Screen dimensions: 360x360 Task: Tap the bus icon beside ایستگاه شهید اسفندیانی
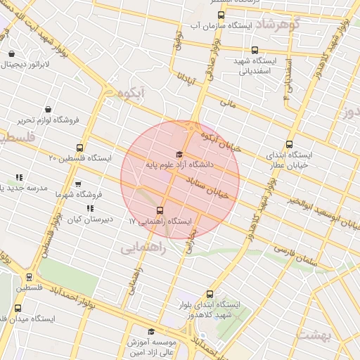[255, 51]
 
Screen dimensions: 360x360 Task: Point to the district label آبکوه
[132, 92]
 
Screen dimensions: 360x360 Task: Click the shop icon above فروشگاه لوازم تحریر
[48, 109]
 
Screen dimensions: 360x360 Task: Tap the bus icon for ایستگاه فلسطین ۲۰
[79, 148]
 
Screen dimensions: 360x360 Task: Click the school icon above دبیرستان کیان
[89, 208]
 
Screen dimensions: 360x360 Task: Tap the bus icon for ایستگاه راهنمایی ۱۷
[160, 210]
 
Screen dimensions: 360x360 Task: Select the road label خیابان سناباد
[212, 188]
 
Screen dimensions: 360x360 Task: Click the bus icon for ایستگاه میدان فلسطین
[29, 278]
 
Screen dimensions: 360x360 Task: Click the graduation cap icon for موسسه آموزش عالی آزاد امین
[150, 331]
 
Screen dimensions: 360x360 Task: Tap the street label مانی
[227, 104]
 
